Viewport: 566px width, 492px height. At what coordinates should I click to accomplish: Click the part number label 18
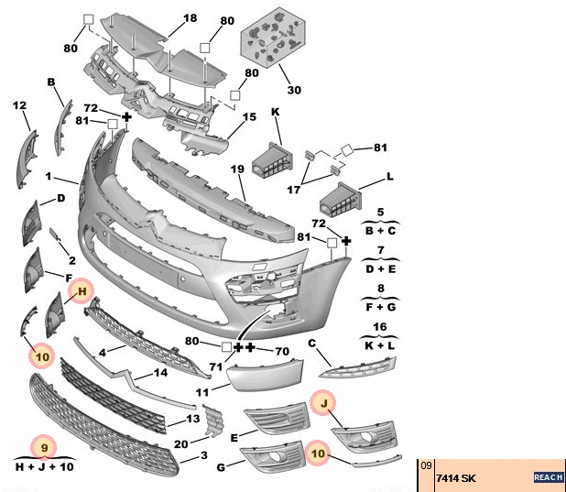point(190,18)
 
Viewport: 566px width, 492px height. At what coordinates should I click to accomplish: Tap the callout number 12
point(19,106)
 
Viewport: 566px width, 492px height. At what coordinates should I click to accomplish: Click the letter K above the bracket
point(275,112)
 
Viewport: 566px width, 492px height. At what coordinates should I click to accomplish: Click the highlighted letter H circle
point(82,291)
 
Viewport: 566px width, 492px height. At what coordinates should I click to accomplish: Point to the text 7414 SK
point(455,478)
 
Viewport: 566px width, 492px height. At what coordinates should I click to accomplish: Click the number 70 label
point(281,350)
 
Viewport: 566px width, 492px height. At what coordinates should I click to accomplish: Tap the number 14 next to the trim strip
point(159,373)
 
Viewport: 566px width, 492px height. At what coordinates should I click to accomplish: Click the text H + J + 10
point(43,467)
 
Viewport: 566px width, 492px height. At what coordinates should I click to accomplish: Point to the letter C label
point(311,344)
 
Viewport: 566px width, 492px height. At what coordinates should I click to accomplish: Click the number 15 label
point(249,117)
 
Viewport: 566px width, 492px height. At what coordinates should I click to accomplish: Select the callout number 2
point(71,261)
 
